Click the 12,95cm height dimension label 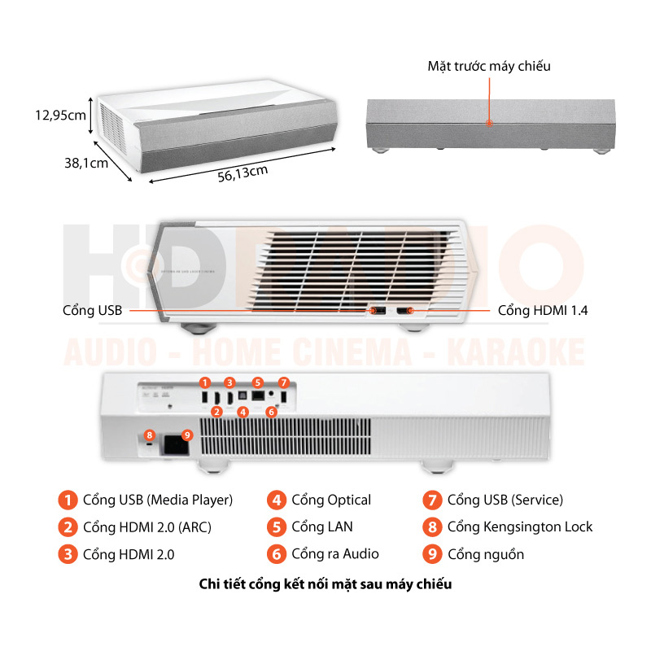[x=59, y=116]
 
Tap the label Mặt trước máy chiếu [x=489, y=66]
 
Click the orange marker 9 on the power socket [x=187, y=435]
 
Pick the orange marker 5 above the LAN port [x=257, y=382]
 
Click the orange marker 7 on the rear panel [x=283, y=382]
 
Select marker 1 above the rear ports [x=205, y=382]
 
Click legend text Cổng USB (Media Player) [x=158, y=500]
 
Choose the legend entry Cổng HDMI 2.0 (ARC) [x=147, y=526]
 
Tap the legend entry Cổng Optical [x=331, y=500]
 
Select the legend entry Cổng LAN [x=322, y=526]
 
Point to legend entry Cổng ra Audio [x=335, y=554]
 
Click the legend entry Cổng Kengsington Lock [x=520, y=526]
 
